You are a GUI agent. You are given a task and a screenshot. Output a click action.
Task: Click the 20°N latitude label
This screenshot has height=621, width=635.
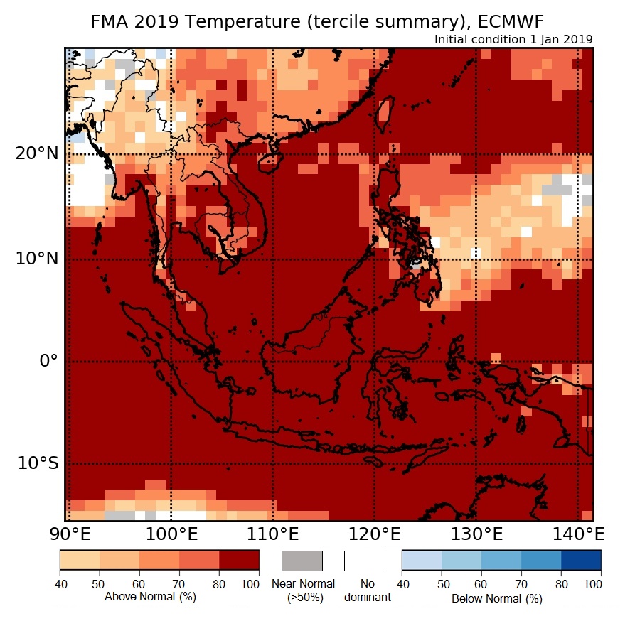click(x=38, y=153)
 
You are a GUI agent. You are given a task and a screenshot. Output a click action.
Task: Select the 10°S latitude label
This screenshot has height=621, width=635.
click(x=38, y=463)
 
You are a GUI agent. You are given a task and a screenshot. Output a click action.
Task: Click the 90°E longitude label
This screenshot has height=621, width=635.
click(x=69, y=534)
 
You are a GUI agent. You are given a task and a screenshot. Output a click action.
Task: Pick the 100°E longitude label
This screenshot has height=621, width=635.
click(x=171, y=534)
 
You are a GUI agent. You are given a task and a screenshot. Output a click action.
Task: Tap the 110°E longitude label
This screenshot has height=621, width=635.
click(x=272, y=534)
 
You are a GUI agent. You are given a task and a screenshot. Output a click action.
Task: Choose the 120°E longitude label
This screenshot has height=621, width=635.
click(x=374, y=534)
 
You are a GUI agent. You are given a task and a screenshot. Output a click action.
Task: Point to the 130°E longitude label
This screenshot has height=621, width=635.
click(x=476, y=534)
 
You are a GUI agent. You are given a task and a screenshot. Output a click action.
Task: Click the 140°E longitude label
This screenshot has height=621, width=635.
click(x=577, y=534)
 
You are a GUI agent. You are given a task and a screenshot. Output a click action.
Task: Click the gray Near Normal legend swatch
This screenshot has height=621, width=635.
click(x=302, y=561)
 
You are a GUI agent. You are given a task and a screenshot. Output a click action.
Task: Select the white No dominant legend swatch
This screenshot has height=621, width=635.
click(x=364, y=561)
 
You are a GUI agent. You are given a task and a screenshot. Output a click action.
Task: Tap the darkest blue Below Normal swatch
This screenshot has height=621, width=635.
click(x=581, y=561)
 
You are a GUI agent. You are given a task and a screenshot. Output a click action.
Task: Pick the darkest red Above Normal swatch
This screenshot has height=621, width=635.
click(x=239, y=561)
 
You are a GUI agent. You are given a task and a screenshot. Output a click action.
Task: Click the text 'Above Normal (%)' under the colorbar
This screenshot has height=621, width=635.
click(x=150, y=597)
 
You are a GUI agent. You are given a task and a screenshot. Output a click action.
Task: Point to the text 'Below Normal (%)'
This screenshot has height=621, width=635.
click(x=497, y=598)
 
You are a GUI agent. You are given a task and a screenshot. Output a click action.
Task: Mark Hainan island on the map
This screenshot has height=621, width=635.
click(x=269, y=163)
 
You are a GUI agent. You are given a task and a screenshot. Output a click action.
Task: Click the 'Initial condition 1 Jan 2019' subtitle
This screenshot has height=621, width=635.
click(x=513, y=39)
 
